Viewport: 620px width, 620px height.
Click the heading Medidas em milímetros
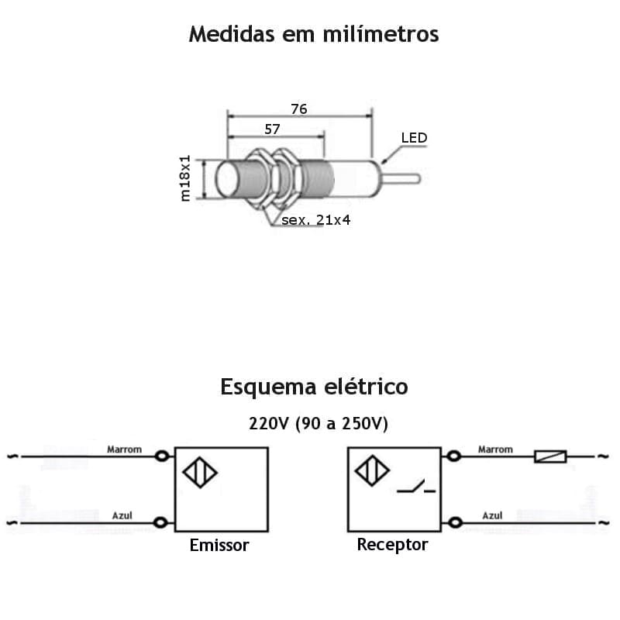tap(314, 35)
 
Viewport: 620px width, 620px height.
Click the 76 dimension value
tap(299, 109)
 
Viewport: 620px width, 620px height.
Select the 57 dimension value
tap(272, 129)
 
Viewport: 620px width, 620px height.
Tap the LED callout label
tap(414, 138)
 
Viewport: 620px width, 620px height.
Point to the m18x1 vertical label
tap(185, 178)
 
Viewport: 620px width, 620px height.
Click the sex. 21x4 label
tap(316, 220)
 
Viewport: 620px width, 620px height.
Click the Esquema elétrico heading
tap(314, 386)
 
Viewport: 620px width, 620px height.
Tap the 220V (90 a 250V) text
tap(318, 424)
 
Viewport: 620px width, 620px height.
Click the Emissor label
tap(219, 546)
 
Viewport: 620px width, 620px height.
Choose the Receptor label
tap(392, 545)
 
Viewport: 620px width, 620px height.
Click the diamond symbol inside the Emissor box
tap(200, 472)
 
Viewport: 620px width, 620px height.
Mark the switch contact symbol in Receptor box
tap(416, 487)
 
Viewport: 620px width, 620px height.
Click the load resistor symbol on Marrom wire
tap(550, 456)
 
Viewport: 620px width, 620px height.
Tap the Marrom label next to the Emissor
tap(124, 449)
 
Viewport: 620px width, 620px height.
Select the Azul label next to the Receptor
tap(492, 515)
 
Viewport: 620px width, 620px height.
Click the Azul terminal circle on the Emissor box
tap(160, 523)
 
